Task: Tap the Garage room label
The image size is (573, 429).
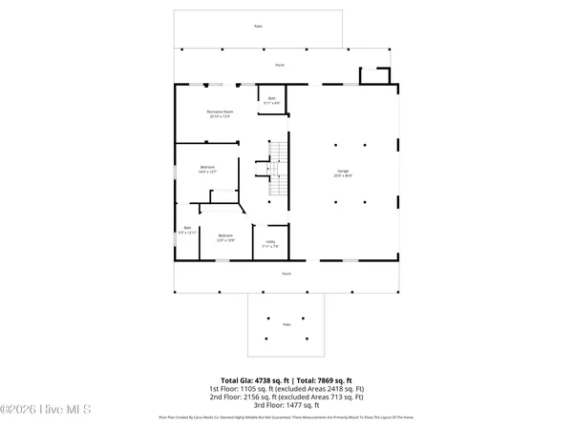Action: tap(344, 174)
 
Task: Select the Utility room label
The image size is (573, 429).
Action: tap(271, 244)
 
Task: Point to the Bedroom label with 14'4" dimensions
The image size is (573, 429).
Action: tap(208, 171)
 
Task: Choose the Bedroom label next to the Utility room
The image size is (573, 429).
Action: tap(225, 237)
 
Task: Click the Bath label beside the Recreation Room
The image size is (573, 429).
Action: tap(271, 99)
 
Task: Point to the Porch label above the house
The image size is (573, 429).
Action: tap(280, 65)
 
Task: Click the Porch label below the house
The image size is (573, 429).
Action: tap(286, 274)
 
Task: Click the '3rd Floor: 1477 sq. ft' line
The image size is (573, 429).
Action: tap(286, 404)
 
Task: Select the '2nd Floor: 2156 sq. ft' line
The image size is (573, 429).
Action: tap(286, 397)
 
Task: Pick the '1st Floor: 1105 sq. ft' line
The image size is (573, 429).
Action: tap(286, 389)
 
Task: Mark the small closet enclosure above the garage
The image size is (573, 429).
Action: tap(375, 76)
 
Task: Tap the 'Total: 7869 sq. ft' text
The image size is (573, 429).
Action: tap(323, 380)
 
